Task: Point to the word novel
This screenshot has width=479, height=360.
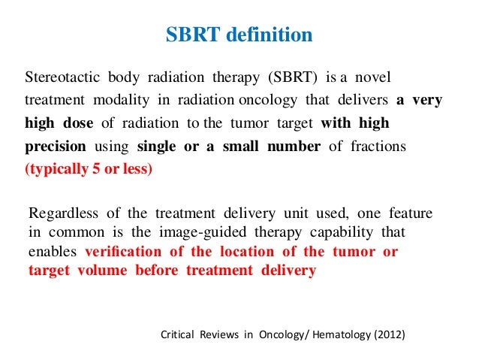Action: pos(373,78)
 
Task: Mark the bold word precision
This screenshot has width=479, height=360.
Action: pos(56,146)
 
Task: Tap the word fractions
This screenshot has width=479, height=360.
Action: pos(378,146)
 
